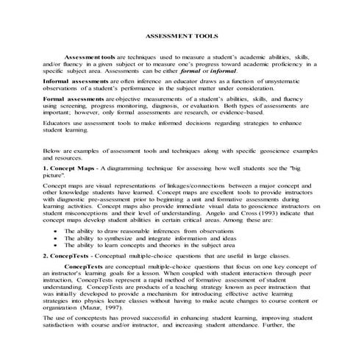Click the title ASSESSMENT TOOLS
182,35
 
